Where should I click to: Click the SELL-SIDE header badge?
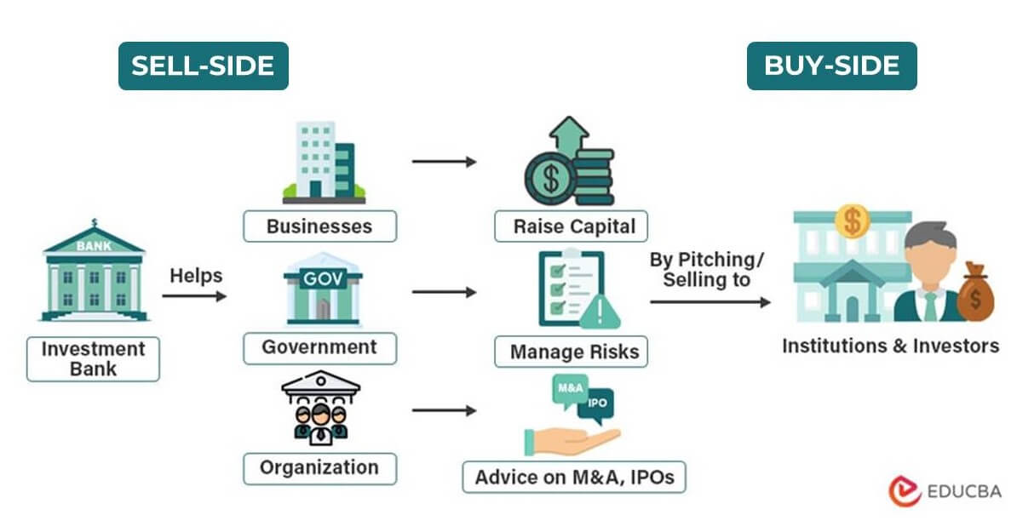[203, 66]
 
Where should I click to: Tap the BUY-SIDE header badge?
[831, 66]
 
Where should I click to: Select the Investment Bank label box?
[93, 359]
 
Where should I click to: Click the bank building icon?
[94, 271]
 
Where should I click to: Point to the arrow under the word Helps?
[195, 296]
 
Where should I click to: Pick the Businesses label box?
[319, 226]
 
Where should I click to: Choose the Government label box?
[319, 347]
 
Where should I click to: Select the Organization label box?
[319, 467]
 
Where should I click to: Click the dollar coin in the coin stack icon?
[551, 180]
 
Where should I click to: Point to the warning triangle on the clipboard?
[599, 312]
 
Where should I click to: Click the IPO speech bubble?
[597, 402]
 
